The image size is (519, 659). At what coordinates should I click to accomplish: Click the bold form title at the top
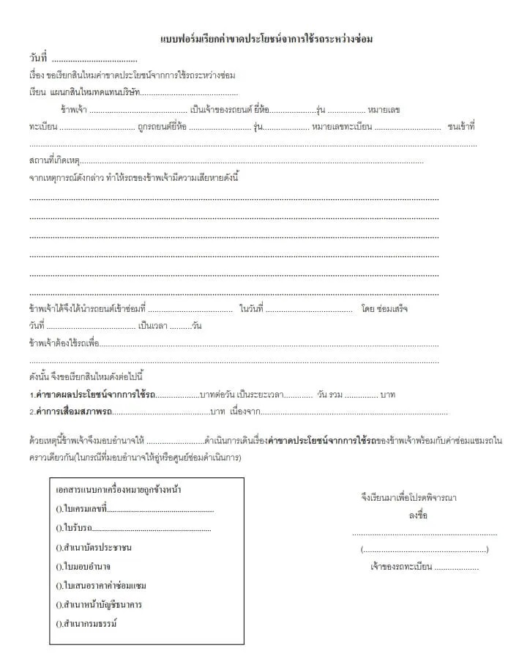266,39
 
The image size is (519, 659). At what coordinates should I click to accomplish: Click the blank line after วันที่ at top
94,59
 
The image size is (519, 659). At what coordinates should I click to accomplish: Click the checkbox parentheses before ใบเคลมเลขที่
59,509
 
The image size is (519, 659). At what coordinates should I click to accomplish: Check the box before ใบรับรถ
59,528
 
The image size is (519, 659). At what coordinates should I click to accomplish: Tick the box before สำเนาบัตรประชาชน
59,547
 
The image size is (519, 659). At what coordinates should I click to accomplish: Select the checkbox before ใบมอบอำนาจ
59,566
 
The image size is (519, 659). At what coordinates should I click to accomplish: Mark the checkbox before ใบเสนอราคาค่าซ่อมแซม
59,585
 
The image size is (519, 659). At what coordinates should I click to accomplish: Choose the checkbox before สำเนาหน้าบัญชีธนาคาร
59,604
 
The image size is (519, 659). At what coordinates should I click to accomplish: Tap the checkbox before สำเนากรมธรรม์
59,623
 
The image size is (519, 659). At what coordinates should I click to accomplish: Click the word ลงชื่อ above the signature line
418,515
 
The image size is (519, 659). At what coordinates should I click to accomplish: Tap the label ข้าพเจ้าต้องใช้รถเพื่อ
64,343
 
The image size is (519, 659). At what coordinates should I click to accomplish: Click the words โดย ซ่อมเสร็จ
384,308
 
